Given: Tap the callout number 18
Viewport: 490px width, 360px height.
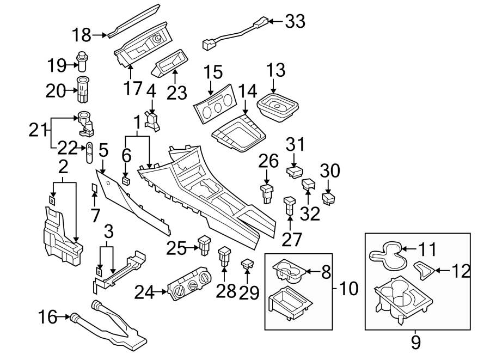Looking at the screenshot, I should (82, 35).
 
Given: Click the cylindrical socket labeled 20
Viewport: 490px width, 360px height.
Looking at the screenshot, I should (83, 90).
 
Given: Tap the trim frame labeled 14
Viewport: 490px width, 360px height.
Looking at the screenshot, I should (235, 132).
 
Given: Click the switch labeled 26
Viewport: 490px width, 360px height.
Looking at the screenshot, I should (267, 192).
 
